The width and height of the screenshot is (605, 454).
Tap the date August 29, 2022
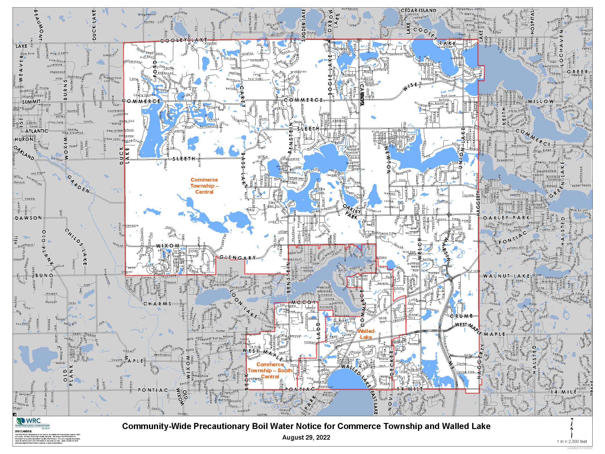[x=306, y=437]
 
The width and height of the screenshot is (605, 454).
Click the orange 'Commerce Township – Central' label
[x=204, y=186]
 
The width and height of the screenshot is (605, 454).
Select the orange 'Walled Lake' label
[x=366, y=334]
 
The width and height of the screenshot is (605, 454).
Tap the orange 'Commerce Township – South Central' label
[x=270, y=370]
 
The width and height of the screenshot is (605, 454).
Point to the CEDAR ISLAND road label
[x=418, y=10]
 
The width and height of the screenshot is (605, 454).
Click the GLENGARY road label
[x=238, y=258]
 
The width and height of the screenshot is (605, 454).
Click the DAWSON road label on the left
[x=29, y=218]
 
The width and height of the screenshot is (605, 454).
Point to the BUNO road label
[x=44, y=275]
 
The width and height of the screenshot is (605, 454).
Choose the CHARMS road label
[x=157, y=303]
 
